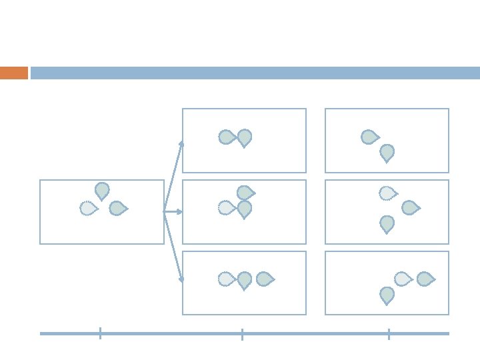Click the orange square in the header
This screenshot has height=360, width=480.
point(14,73)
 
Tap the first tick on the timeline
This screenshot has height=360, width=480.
point(100,333)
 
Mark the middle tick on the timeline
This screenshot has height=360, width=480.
point(242,333)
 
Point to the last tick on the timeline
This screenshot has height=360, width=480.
point(389,333)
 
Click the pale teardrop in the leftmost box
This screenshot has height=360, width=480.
point(88,209)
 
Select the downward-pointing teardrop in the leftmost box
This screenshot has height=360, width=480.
point(102,191)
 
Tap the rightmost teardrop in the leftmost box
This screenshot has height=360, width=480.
point(118,209)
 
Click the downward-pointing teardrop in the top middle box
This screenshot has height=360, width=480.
point(245,137)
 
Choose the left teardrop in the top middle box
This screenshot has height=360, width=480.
point(227,137)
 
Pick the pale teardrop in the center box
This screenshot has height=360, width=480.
point(227,208)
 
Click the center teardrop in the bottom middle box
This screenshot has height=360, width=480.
point(245,280)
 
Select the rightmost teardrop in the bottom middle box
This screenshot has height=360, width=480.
point(265,279)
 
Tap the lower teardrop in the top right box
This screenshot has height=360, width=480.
point(387,153)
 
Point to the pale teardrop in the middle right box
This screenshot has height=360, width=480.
point(387,193)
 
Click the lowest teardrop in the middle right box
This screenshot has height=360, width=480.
point(387,224)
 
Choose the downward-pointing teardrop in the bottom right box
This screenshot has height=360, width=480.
point(387,295)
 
